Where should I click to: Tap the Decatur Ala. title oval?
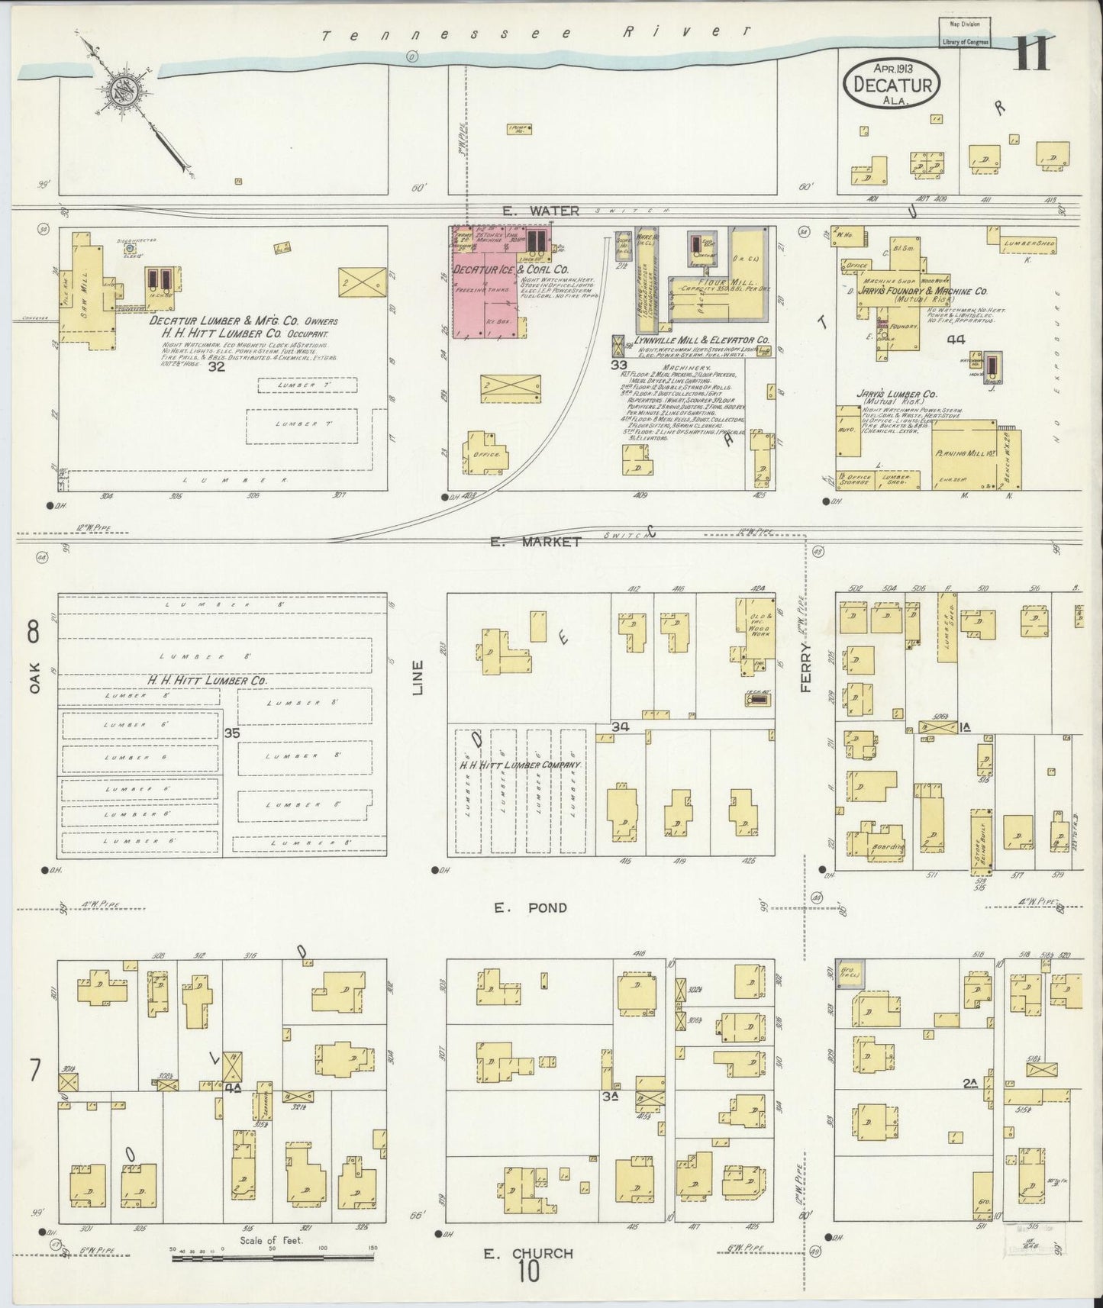[x=891, y=83]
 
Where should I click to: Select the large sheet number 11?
[x=1031, y=53]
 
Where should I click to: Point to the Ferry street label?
[x=806, y=665]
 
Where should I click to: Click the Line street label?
[x=418, y=676]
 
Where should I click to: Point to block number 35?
[x=233, y=733]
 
